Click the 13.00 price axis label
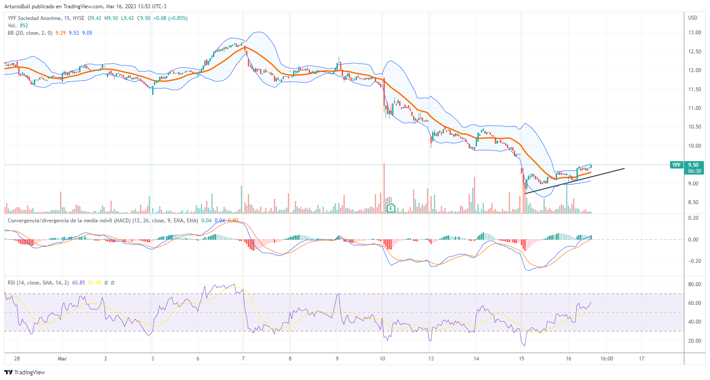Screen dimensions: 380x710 click(694, 33)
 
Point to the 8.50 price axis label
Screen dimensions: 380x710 click(694, 202)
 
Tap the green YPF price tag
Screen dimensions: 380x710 click(676, 165)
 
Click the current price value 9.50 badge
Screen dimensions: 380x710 click(693, 165)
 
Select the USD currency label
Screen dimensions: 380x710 click(693, 18)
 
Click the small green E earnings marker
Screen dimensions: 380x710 click(391, 208)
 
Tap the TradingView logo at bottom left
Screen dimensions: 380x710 click(25, 372)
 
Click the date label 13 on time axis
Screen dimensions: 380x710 click(431, 359)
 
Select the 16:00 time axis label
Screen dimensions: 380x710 click(607, 359)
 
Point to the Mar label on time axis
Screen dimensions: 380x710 click(62, 359)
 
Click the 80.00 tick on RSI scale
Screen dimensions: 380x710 click(694, 284)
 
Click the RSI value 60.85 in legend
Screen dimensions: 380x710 click(78, 283)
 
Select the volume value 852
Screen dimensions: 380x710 click(24, 26)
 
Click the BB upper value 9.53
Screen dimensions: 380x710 click(74, 33)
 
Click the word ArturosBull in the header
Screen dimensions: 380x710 click(17, 7)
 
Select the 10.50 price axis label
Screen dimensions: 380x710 click(694, 127)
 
